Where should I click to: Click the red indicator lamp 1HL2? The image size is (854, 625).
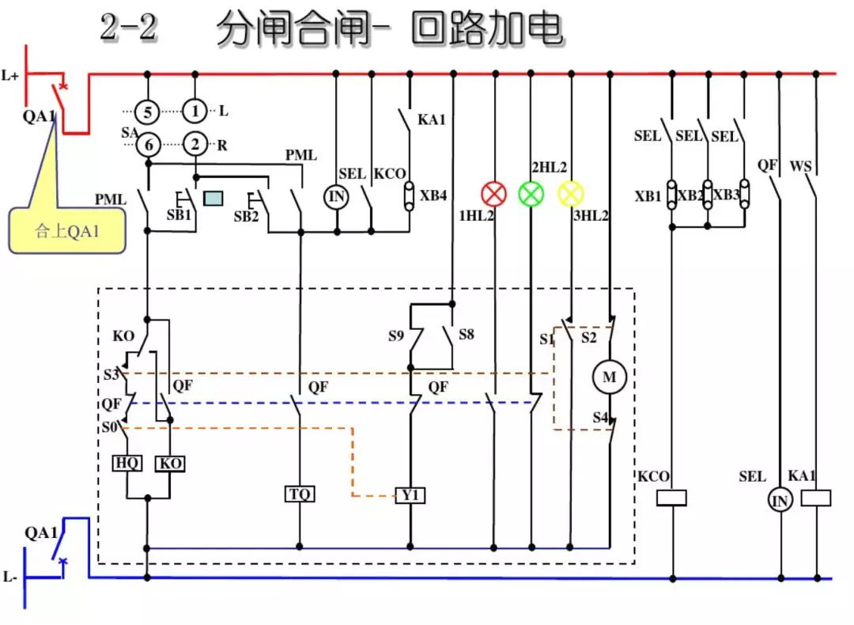(x=494, y=194)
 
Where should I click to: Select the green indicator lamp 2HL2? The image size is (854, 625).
(x=531, y=194)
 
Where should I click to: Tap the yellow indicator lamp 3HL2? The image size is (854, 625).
(x=570, y=194)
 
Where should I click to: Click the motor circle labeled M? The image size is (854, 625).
(x=609, y=377)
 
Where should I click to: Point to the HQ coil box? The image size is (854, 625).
(x=127, y=464)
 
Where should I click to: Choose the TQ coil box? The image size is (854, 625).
(x=300, y=494)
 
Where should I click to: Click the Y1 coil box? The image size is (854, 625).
(x=410, y=496)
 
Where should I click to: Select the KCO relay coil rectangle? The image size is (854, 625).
(x=672, y=498)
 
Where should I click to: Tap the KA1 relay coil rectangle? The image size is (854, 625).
(x=815, y=498)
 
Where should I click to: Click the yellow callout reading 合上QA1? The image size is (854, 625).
(x=67, y=231)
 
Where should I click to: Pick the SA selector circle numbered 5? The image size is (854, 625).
(x=147, y=111)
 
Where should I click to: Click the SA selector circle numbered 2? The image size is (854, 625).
(x=195, y=145)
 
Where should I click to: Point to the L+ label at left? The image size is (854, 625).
(x=10, y=76)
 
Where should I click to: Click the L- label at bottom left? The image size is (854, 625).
(x=9, y=578)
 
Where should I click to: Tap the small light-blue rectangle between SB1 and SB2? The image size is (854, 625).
(x=213, y=198)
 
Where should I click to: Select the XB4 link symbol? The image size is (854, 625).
(x=409, y=195)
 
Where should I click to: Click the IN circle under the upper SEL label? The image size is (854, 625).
(x=337, y=196)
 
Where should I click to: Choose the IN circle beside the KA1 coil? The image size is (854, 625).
(x=780, y=500)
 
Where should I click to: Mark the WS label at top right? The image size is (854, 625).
(x=801, y=166)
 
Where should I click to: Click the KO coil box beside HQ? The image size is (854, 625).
(x=171, y=464)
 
